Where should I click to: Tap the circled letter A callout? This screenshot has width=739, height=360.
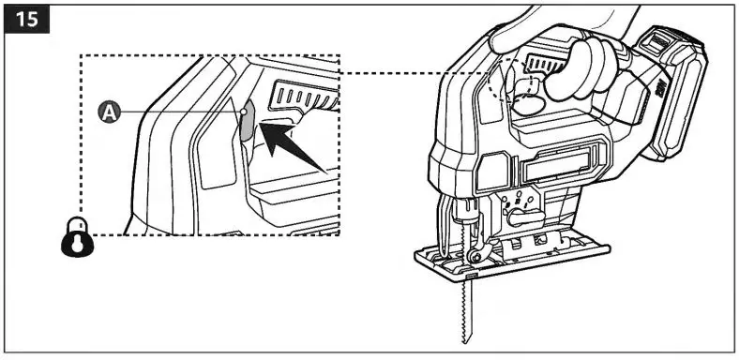[110, 112]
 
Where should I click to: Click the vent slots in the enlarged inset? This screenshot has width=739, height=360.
[302, 95]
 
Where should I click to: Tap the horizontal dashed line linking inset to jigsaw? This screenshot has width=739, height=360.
[413, 71]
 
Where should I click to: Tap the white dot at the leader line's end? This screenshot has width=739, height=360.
[244, 112]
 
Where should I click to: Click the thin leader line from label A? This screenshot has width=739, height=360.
[178, 112]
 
